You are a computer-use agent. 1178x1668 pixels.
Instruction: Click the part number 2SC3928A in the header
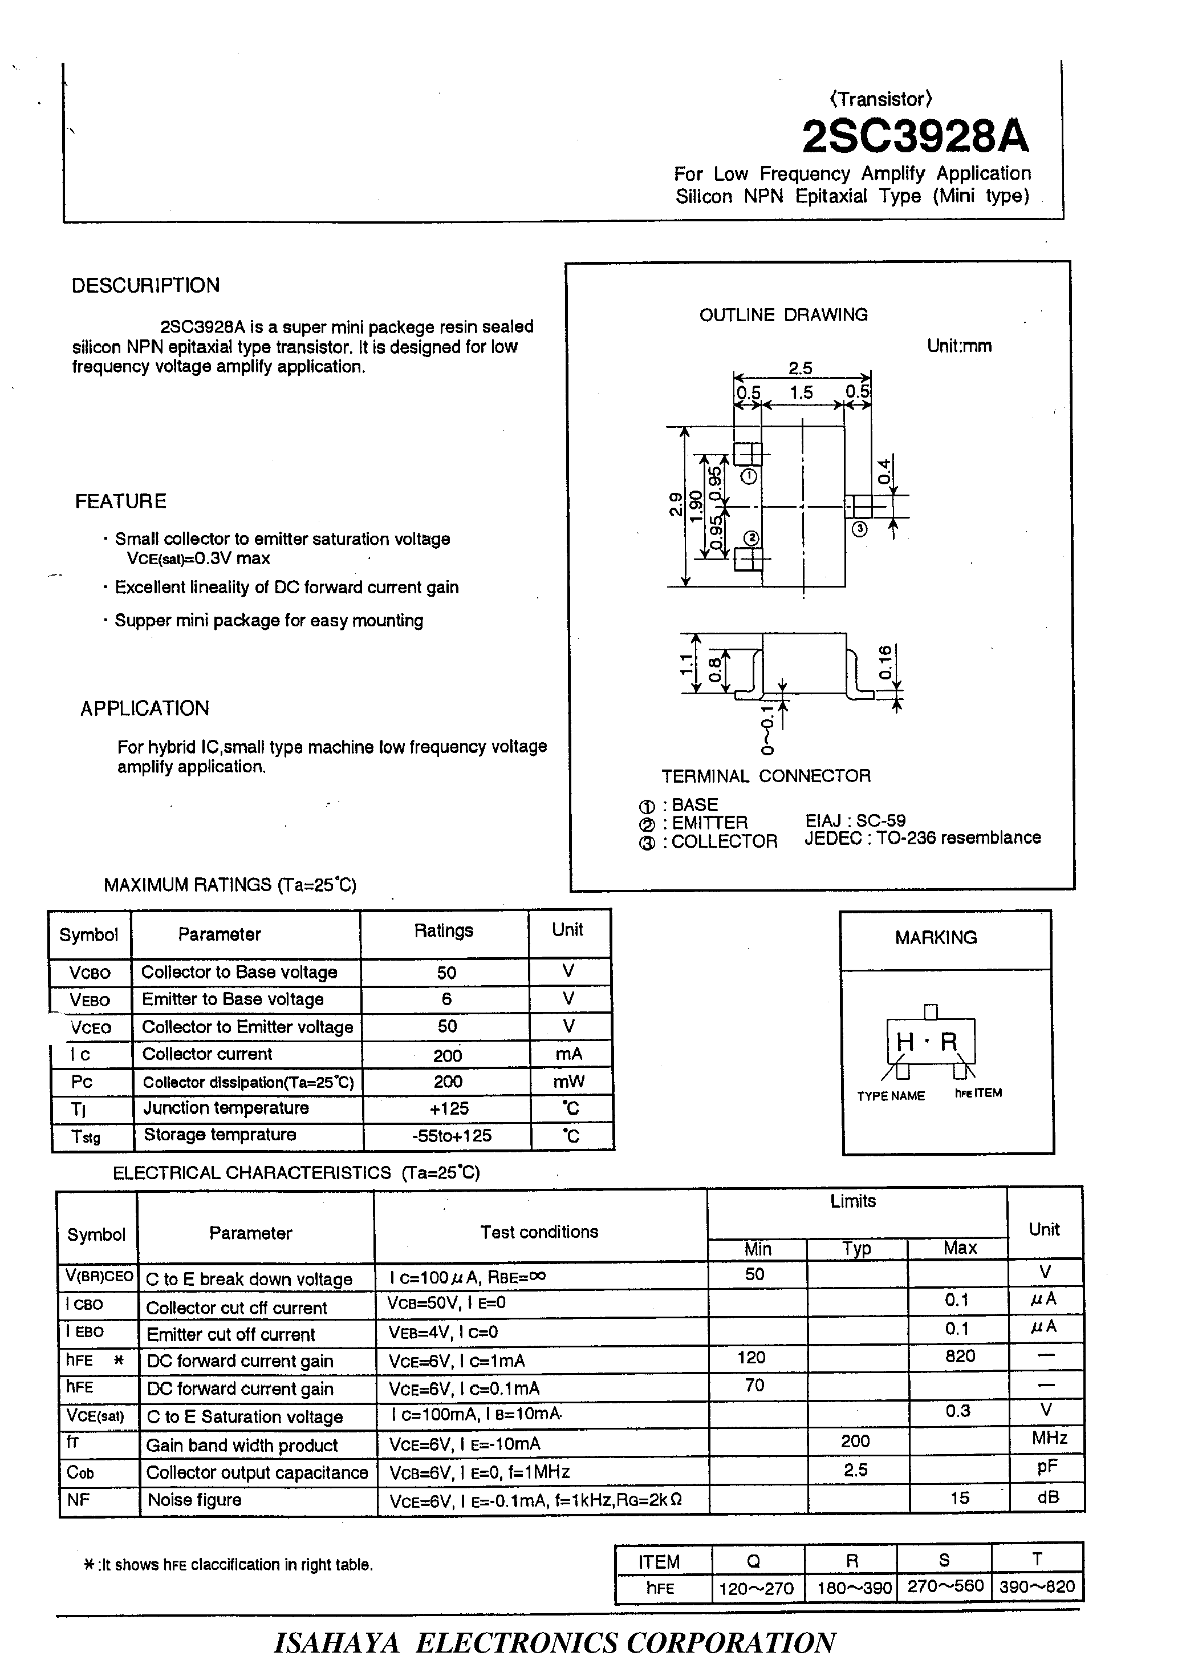(915, 136)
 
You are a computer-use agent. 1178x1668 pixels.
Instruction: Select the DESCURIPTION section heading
(145, 285)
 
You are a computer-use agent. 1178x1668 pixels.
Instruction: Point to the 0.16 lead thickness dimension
(884, 662)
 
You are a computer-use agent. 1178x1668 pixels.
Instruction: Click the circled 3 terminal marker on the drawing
(859, 529)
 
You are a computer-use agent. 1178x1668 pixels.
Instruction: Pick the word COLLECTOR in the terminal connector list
(724, 841)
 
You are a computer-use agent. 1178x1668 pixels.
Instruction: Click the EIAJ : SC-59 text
(855, 820)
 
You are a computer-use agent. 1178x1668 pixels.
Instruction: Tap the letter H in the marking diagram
(904, 1042)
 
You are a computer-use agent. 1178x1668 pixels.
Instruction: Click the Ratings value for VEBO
(446, 999)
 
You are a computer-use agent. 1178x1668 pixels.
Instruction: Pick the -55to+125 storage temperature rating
(451, 1135)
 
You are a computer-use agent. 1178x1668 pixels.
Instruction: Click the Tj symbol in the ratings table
(79, 1110)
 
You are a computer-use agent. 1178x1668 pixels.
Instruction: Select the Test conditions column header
(539, 1232)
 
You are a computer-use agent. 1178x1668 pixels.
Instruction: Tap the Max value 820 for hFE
(960, 1357)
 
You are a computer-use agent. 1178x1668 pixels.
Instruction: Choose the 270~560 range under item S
(945, 1586)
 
